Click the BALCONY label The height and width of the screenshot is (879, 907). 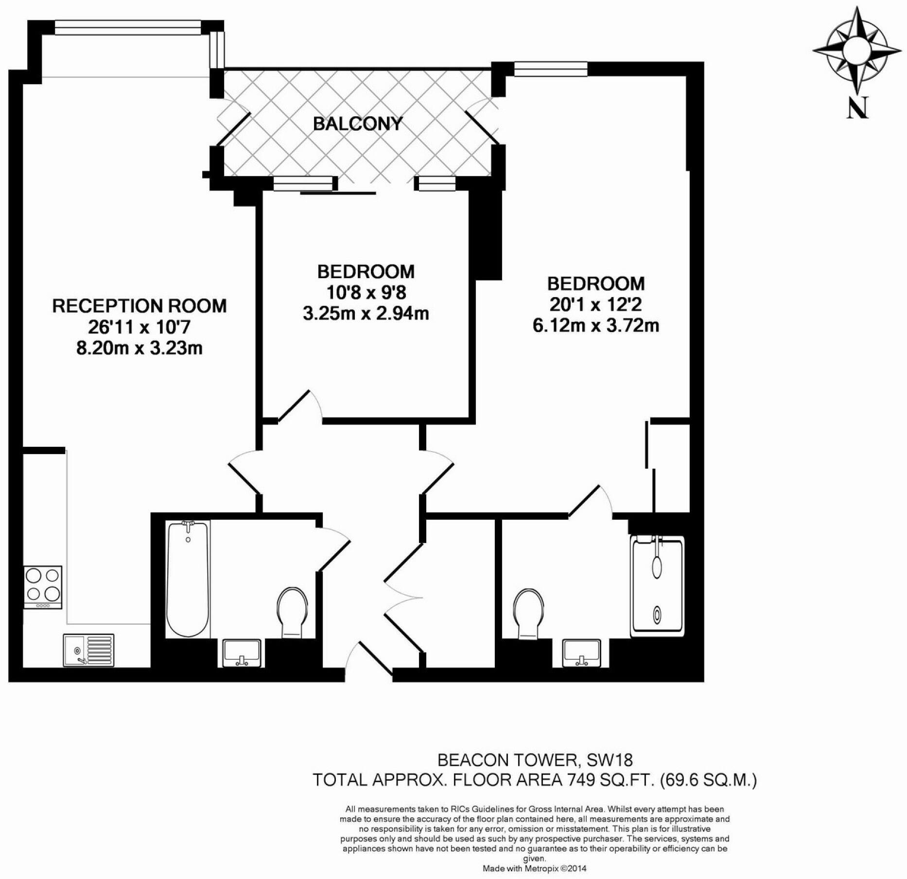pyautogui.click(x=358, y=123)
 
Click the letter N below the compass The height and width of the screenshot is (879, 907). pyautogui.click(x=857, y=108)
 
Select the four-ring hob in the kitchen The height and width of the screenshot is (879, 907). pyautogui.click(x=43, y=586)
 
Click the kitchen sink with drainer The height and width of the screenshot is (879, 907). pyautogui.click(x=88, y=650)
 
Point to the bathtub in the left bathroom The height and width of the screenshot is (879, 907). pyautogui.click(x=188, y=579)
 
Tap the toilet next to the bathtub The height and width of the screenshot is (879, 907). pyautogui.click(x=292, y=612)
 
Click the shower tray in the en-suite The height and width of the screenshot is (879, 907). pyautogui.click(x=657, y=586)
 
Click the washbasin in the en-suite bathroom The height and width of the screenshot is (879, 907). pyautogui.click(x=582, y=653)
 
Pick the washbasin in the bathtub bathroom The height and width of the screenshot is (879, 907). pyautogui.click(x=242, y=653)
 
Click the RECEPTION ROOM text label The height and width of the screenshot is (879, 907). pyautogui.click(x=140, y=306)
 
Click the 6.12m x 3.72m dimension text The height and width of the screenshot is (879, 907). pyautogui.click(x=596, y=325)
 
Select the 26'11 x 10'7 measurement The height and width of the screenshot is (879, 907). pyautogui.click(x=140, y=327)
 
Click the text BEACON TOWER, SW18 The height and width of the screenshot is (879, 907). pyautogui.click(x=535, y=759)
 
